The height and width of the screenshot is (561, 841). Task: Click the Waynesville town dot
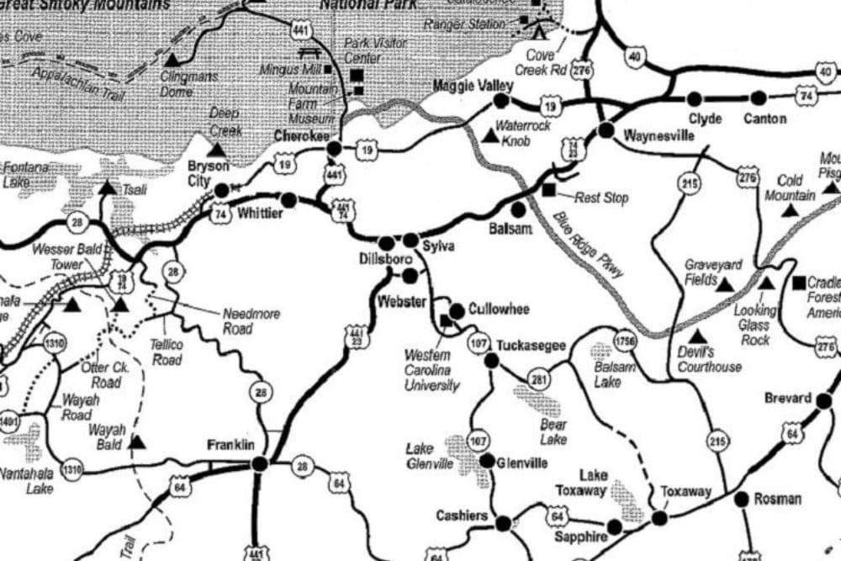[606, 130]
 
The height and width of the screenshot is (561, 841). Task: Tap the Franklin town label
[230, 445]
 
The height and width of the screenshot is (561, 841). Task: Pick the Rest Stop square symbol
[549, 190]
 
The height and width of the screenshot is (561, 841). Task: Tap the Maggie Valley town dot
[501, 101]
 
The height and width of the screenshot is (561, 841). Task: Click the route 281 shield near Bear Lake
[539, 381]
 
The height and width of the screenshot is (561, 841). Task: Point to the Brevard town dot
[823, 400]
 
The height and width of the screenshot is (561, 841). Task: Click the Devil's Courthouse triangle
[697, 336]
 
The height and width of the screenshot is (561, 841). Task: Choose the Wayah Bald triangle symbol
[136, 441]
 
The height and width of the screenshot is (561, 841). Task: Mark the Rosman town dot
[741, 499]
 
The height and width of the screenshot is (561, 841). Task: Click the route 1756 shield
[624, 341]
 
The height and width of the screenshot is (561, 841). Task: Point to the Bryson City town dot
[221, 191]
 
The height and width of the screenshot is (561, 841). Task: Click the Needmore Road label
[251, 320]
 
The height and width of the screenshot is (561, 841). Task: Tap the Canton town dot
[759, 98]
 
